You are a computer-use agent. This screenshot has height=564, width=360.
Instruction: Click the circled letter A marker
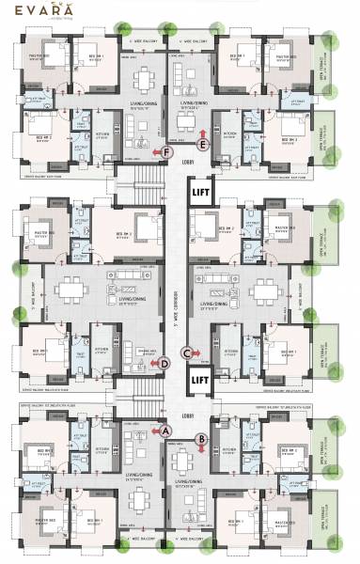(167, 430)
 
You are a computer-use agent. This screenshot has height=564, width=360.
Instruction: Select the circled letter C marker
(186, 353)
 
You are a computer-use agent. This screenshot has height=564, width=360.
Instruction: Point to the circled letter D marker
(164, 362)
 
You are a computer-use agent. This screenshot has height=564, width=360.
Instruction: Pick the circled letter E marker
(203, 145)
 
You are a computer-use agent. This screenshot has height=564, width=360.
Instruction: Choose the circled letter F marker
(167, 152)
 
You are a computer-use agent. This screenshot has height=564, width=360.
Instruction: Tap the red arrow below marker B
(200, 449)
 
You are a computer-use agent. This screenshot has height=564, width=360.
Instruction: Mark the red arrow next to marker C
(198, 353)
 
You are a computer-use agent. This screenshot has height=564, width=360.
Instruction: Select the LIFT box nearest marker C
(200, 381)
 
